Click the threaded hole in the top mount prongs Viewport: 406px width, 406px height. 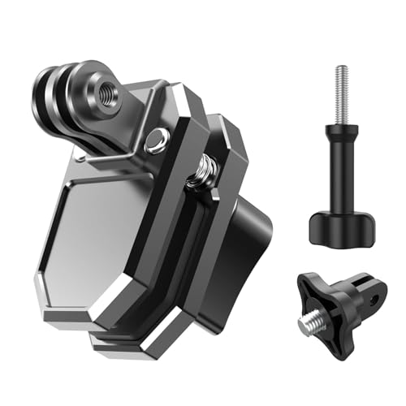tap(106, 93)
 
